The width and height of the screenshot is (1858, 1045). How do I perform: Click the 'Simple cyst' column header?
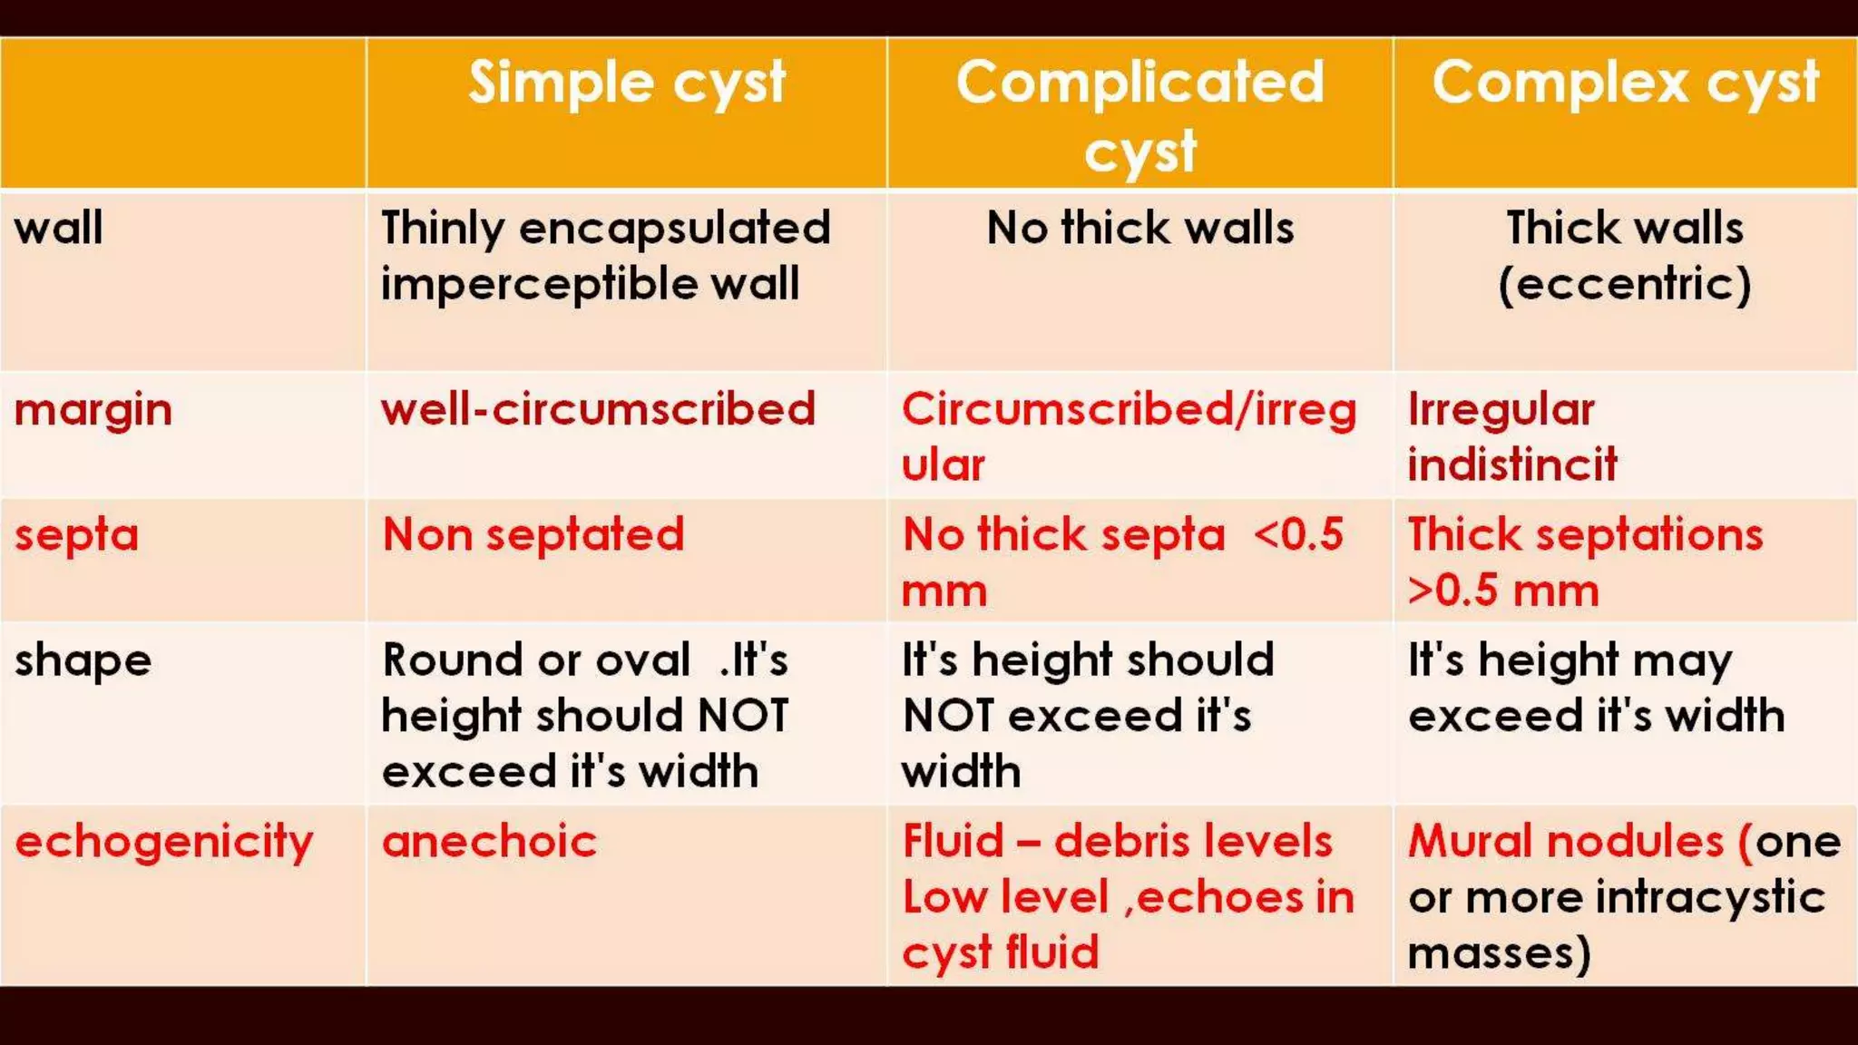coord(626,83)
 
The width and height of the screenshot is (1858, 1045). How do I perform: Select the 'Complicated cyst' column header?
coord(1139,114)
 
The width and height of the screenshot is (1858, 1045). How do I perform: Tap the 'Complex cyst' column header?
coord(1625,83)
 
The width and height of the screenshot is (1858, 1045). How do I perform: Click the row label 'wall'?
coord(59,228)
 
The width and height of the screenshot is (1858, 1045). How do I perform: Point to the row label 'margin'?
coord(93,410)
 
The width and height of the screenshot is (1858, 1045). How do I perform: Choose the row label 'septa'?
coord(76,535)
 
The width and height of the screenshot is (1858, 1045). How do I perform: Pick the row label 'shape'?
coord(83,660)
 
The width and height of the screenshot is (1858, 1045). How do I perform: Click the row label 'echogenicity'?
coord(164,842)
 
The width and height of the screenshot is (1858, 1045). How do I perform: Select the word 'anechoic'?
coord(489,842)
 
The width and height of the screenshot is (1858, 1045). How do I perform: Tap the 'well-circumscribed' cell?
coord(598,410)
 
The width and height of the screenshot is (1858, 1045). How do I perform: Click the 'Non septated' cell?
coord(533,535)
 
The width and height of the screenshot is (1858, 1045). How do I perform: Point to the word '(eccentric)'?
coord(1624,284)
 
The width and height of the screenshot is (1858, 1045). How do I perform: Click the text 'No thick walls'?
coord(1139,228)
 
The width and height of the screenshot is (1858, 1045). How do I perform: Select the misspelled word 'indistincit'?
coord(1512,465)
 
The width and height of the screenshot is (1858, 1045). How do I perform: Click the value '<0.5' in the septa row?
coord(1298,535)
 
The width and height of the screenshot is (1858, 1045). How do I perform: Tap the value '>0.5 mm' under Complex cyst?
coord(1502,591)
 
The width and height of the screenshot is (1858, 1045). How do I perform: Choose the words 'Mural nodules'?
coord(1565,842)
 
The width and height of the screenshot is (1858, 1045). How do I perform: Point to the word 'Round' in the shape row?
coord(445,660)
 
